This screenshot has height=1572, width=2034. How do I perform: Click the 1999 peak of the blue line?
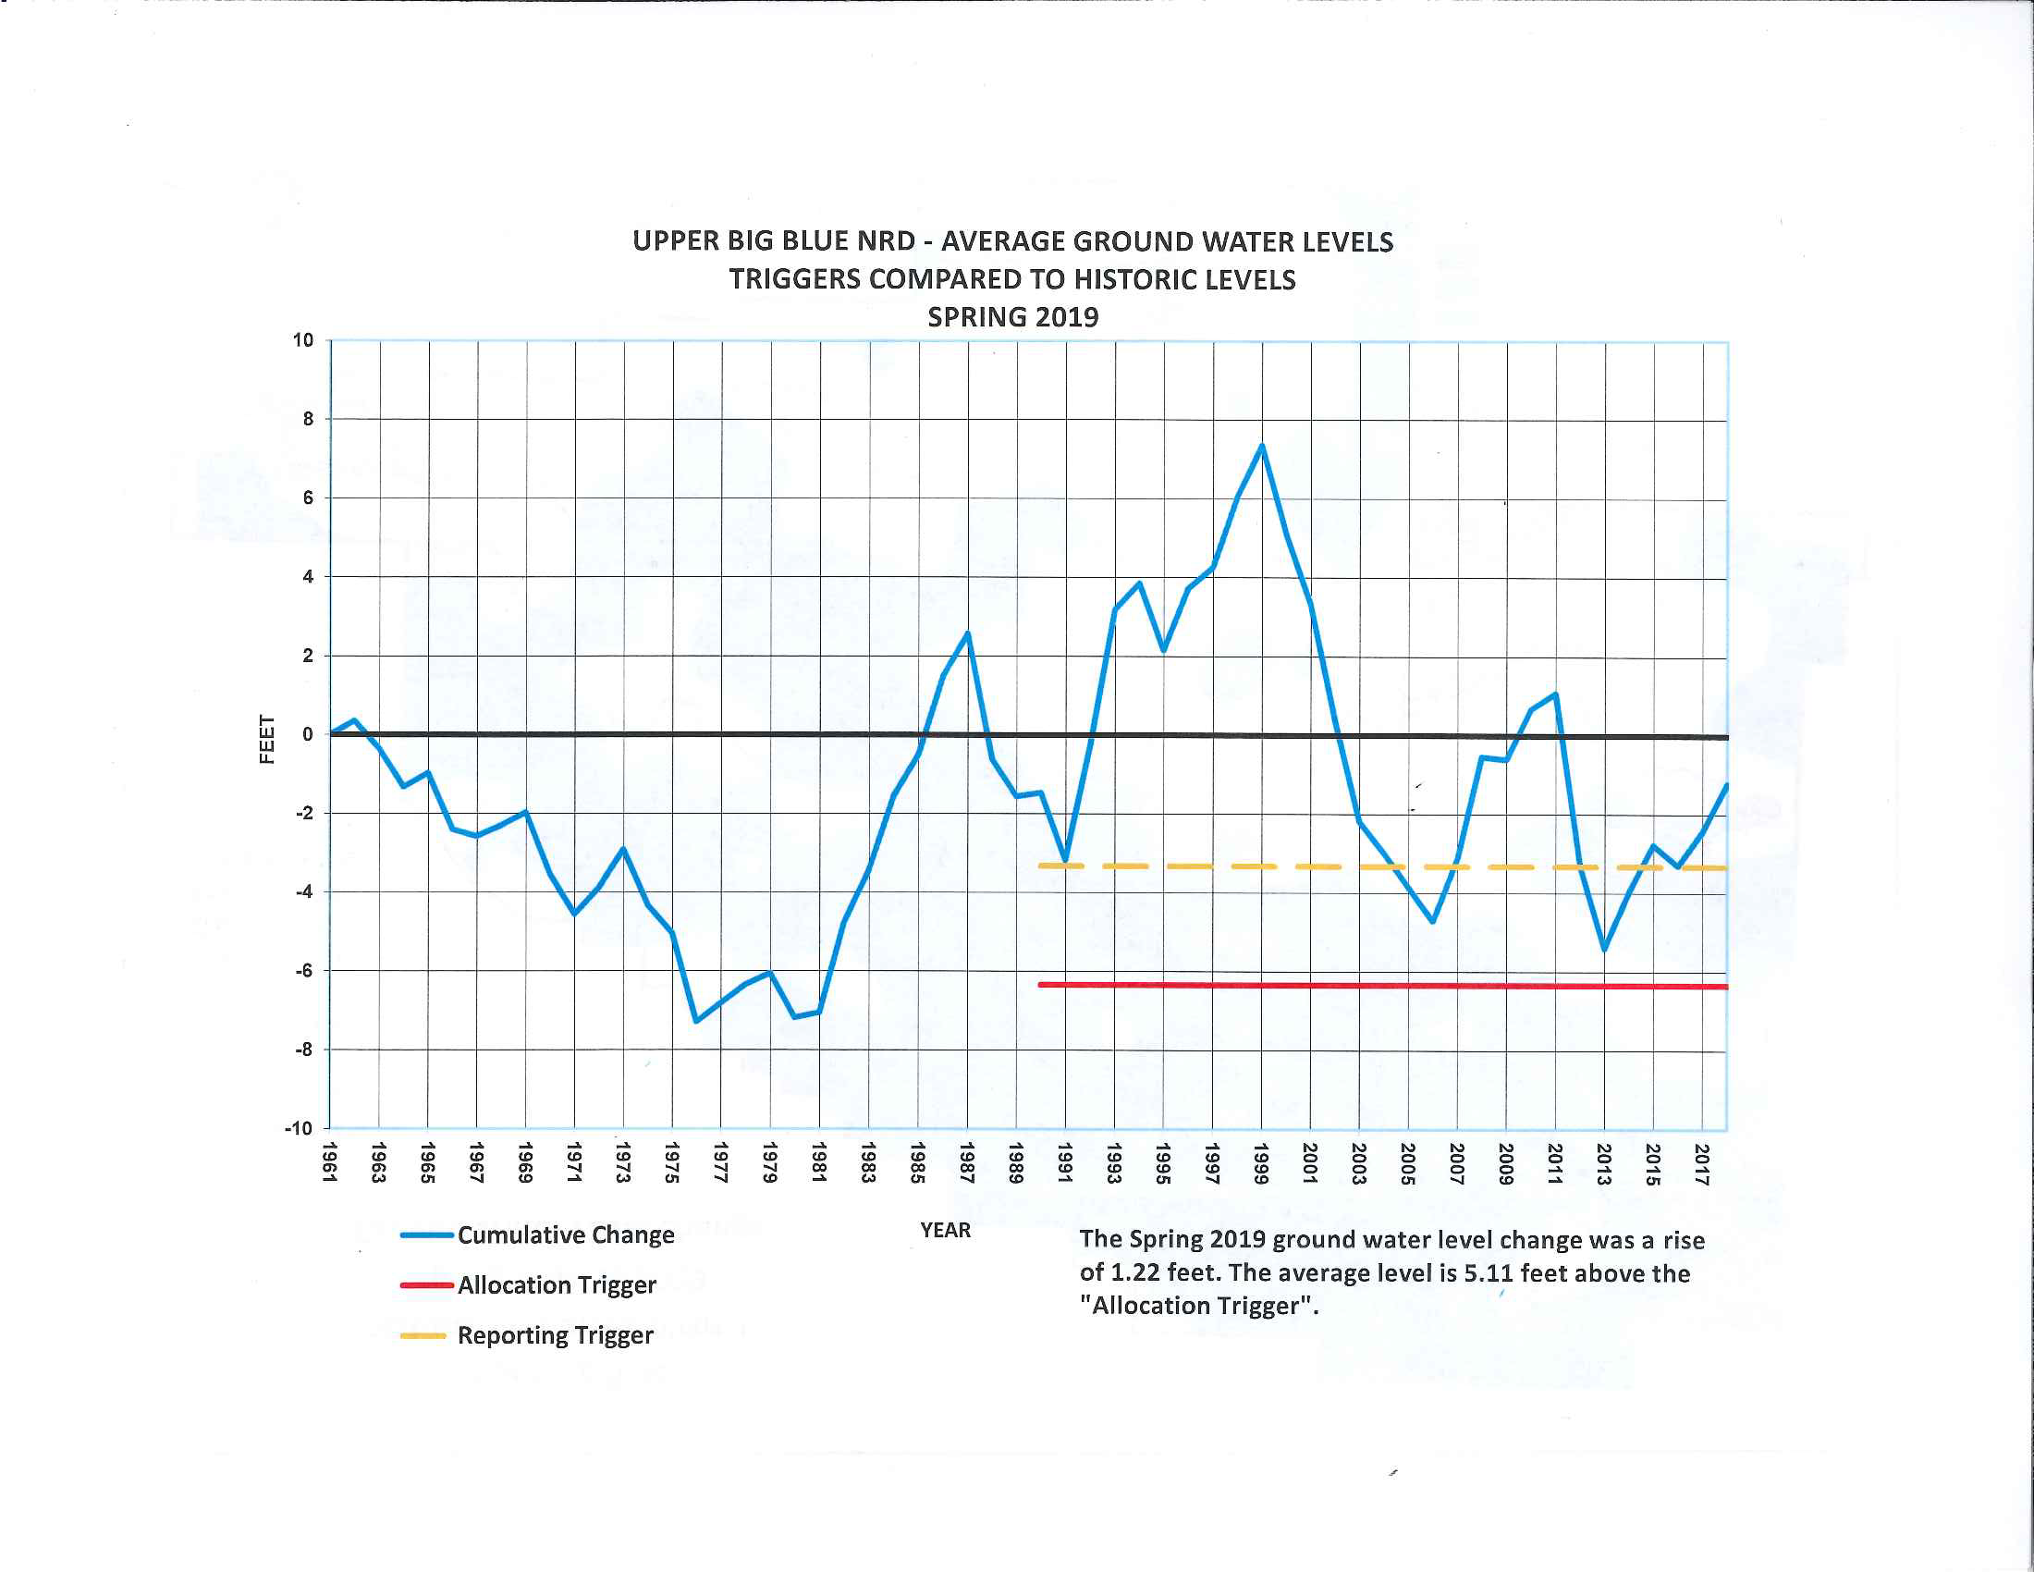(x=1262, y=445)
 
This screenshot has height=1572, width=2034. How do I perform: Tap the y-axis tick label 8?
(x=308, y=419)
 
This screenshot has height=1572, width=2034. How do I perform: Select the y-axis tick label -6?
(x=304, y=970)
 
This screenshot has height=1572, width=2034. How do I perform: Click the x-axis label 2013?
(x=1604, y=1164)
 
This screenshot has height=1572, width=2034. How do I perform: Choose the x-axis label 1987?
(x=967, y=1162)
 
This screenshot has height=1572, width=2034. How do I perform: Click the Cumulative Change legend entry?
(x=565, y=1234)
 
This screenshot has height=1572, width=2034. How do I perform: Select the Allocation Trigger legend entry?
(x=556, y=1285)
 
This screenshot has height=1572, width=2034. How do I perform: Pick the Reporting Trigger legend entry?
(x=555, y=1335)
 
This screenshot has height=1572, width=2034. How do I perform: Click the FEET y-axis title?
(x=267, y=739)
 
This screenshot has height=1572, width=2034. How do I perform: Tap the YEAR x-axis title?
(x=945, y=1230)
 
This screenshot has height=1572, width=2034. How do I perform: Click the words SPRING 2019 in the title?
(x=1012, y=317)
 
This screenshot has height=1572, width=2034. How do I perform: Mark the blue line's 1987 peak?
(x=969, y=634)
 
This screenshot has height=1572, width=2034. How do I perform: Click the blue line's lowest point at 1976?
(x=695, y=1022)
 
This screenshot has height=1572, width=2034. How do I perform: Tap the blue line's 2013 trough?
(x=1604, y=949)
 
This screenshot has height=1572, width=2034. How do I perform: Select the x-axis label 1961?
(x=329, y=1162)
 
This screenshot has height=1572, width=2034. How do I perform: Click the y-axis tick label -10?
(x=299, y=1129)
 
